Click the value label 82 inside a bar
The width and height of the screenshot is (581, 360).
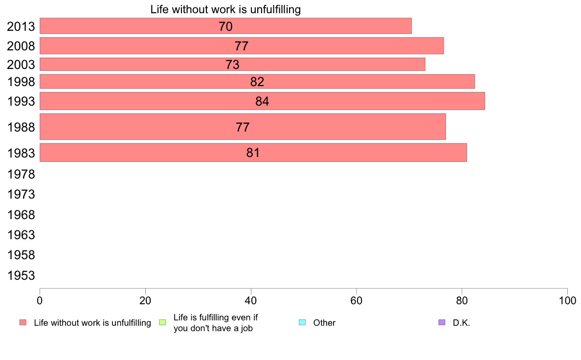(257, 82)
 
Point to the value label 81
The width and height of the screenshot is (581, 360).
(253, 153)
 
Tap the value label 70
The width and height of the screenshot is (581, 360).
(225, 26)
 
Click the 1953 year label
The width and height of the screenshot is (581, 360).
(21, 275)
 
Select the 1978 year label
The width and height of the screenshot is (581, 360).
(21, 174)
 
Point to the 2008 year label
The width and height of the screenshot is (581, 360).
(21, 46)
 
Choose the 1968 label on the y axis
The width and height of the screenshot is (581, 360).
(21, 215)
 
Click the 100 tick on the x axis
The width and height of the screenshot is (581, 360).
(567, 299)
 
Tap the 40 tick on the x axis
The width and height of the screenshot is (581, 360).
(251, 299)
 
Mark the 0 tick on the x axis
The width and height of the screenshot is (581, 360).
(40, 299)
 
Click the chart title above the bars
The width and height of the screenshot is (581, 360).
(225, 9)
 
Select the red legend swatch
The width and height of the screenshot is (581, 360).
(22, 322)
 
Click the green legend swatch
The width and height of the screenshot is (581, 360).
(163, 322)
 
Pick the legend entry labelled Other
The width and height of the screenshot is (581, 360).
(324, 323)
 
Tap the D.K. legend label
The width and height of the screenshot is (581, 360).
(461, 323)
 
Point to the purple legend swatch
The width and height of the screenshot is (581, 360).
(442, 322)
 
